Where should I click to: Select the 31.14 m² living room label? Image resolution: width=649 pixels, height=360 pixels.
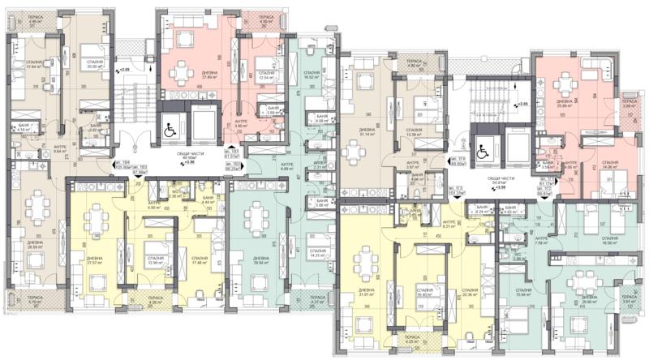(367, 132)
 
